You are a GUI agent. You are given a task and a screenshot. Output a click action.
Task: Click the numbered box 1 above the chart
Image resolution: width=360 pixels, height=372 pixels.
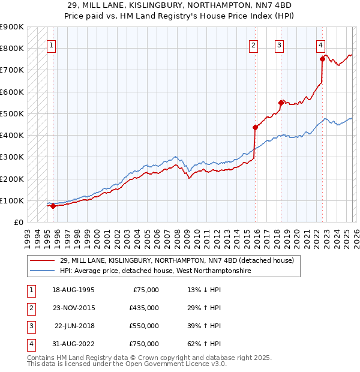[51, 45]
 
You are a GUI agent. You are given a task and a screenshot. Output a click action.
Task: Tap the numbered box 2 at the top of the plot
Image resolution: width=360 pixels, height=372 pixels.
[254, 45]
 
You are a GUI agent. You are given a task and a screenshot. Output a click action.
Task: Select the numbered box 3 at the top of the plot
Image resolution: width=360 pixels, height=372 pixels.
[279, 45]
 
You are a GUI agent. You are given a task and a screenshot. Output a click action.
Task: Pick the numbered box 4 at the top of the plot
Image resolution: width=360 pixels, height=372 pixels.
[321, 45]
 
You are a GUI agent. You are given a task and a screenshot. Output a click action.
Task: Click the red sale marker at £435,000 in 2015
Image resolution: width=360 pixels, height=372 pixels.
[255, 127]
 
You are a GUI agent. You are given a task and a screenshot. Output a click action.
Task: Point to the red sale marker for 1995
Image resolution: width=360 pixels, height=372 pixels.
[53, 206]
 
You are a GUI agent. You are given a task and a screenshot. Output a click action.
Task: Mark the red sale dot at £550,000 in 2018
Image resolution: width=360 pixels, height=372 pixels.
[281, 103]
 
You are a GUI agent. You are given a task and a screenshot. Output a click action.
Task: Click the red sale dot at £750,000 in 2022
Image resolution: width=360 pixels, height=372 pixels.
[322, 59]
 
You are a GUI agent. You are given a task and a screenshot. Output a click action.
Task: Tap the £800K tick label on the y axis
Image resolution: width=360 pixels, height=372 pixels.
[12, 48]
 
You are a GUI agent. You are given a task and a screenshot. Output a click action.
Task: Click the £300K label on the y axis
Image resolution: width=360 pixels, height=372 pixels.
[12, 157]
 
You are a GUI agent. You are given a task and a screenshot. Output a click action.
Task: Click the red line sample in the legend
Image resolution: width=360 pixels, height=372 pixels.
[43, 260]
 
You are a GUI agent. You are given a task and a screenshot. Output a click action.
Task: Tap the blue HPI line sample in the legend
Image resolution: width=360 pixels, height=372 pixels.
[43, 271]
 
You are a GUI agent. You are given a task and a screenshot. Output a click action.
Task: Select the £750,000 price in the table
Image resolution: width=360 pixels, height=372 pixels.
[144, 343]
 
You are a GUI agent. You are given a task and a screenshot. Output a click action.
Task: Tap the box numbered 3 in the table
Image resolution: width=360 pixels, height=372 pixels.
[30, 325]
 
